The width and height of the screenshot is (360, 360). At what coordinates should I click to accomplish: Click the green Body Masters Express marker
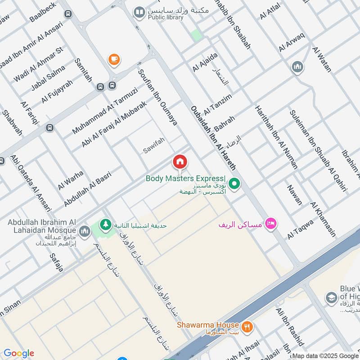pyautogui.click(x=234, y=184)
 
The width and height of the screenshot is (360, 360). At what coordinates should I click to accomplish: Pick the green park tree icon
pyautogui.click(x=106, y=224)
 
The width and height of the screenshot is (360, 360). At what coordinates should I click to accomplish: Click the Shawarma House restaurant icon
pyautogui.click(x=246, y=327)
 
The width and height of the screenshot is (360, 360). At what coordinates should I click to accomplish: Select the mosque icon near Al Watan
pyautogui.click(x=297, y=67)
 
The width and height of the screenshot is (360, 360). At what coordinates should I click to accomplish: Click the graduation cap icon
pyautogui.click(x=331, y=298)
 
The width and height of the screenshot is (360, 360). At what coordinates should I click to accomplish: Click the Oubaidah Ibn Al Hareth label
pyautogui.click(x=213, y=138)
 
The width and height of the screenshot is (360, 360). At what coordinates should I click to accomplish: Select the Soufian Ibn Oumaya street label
pyautogui.click(x=157, y=97)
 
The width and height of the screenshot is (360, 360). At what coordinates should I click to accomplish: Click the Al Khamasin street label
pyautogui.click(x=323, y=220)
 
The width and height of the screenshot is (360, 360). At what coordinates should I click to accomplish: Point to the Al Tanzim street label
pyautogui.click(x=218, y=104)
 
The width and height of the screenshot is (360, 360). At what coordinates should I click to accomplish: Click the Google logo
pyautogui.click(x=18, y=353)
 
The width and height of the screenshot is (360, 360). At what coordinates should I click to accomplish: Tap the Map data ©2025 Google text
pyautogui.click(x=325, y=355)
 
